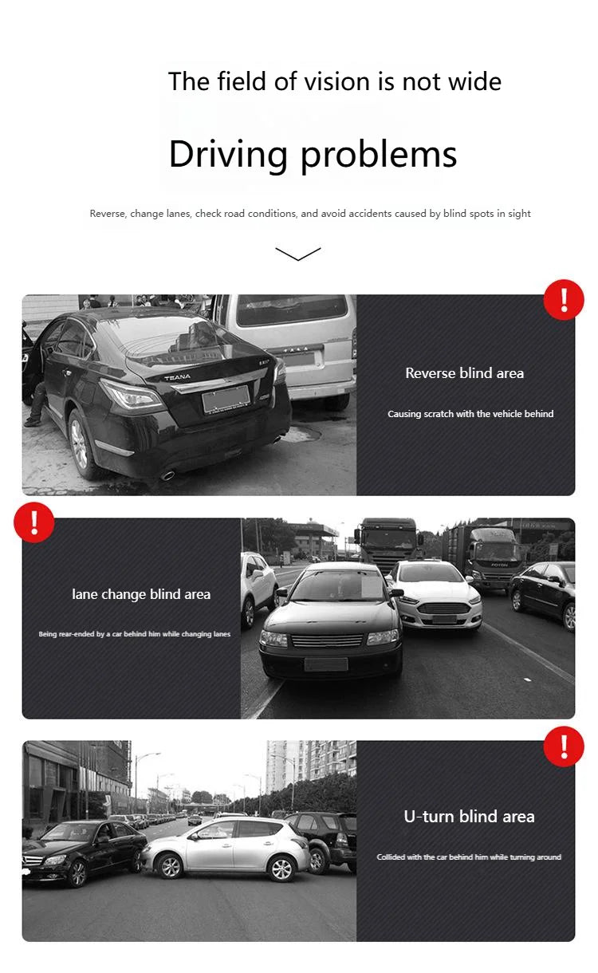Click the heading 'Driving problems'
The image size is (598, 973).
click(313, 153)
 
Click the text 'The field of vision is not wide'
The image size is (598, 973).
click(335, 81)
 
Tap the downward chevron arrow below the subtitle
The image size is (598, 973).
click(298, 254)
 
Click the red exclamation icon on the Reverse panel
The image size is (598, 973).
click(564, 300)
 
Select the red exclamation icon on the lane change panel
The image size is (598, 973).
click(33, 523)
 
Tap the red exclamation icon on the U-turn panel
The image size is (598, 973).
click(564, 746)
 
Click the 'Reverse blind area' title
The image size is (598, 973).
click(464, 373)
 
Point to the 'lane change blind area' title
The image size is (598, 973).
click(141, 594)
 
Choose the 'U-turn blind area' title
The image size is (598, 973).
click(469, 817)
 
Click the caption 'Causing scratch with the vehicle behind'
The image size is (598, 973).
click(470, 414)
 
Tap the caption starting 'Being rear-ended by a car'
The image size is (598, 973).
click(135, 634)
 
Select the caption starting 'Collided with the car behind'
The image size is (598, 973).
click(469, 857)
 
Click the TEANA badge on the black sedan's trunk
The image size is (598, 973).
click(177, 376)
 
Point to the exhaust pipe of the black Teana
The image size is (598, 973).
click(167, 475)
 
